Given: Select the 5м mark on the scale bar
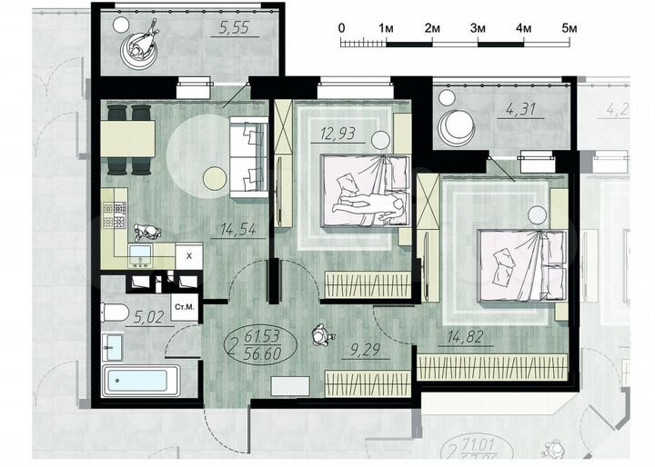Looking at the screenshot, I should pos(570,27).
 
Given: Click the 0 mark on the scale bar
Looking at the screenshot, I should pos(341,27).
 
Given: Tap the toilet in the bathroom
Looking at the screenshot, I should pos(116,313).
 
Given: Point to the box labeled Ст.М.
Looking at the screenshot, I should pos(185,308).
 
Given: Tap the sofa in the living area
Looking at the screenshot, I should pos(248,160).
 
